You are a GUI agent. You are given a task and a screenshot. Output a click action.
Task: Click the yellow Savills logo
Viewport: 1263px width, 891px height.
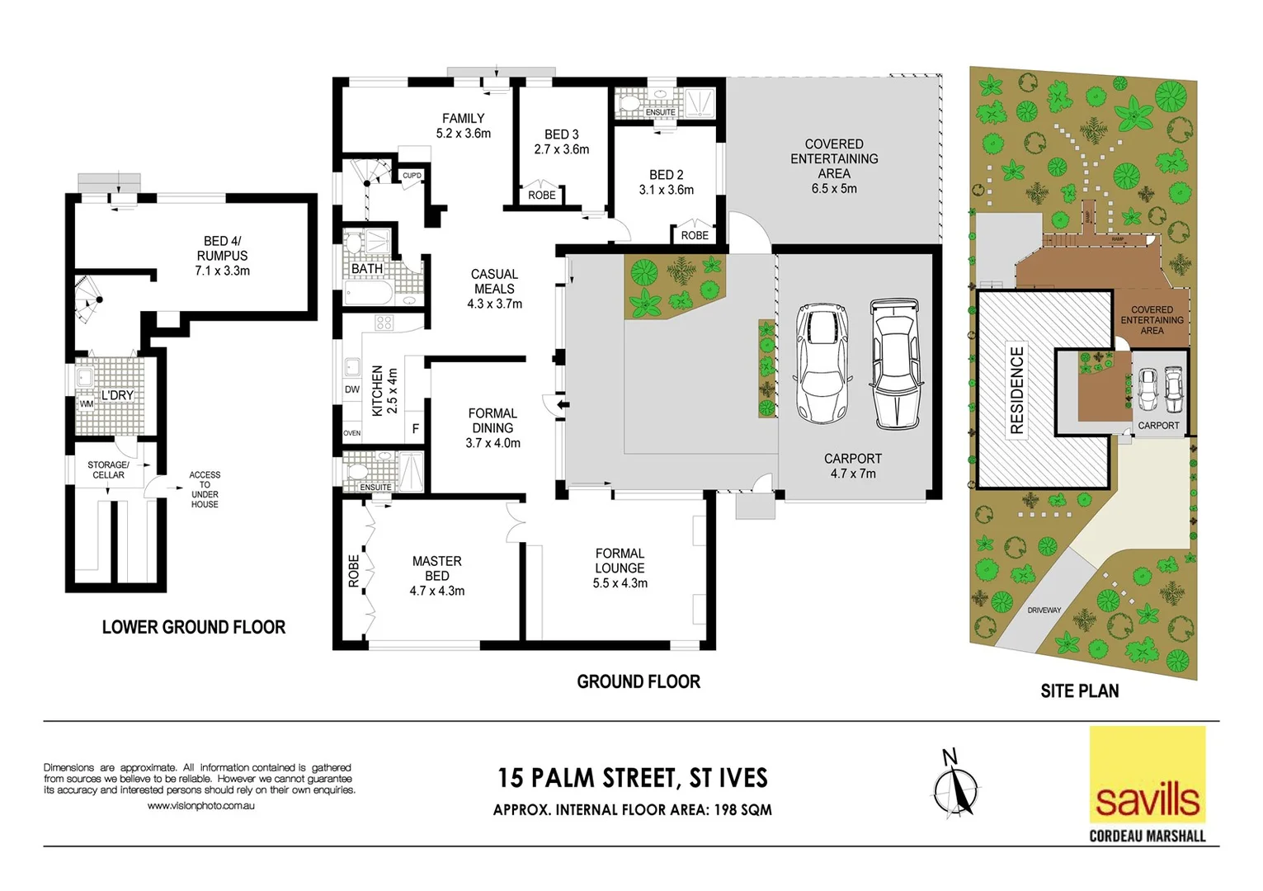1147,775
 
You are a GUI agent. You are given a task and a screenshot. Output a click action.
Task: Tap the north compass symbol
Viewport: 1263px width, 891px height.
955,784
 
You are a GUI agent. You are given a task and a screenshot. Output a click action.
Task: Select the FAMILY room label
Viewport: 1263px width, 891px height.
463,119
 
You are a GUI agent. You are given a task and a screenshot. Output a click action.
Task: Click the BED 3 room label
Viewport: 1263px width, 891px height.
561,134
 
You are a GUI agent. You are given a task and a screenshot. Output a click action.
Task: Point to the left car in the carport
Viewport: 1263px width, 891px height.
821,363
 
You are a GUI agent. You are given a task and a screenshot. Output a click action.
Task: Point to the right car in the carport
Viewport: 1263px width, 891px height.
896,363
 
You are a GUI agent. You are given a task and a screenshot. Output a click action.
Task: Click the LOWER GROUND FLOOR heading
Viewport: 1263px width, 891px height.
193,627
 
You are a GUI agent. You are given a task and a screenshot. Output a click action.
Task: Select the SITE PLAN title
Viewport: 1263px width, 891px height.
1079,691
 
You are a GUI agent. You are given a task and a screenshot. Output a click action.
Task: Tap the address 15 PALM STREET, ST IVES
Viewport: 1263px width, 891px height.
632,778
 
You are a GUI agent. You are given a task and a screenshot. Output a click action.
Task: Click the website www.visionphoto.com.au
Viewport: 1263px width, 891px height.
200,806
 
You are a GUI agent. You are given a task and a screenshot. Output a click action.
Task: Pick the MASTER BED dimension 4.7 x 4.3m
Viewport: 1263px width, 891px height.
436,591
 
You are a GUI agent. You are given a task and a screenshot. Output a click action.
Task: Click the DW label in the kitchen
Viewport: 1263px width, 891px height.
352,389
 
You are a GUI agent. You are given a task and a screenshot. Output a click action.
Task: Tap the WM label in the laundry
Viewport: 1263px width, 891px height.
87,404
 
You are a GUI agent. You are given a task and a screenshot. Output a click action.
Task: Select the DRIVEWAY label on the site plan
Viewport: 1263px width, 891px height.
1044,610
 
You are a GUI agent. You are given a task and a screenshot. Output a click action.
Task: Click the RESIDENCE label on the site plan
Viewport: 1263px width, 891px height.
1016,389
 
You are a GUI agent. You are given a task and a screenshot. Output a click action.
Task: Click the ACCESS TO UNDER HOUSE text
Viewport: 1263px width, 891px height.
205,489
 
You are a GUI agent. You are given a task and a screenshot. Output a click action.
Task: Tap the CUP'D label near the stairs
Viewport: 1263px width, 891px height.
412,176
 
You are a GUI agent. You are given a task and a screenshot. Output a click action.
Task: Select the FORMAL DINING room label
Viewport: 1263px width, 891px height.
492,421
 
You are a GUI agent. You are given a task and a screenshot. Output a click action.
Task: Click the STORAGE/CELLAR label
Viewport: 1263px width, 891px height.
108,469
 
